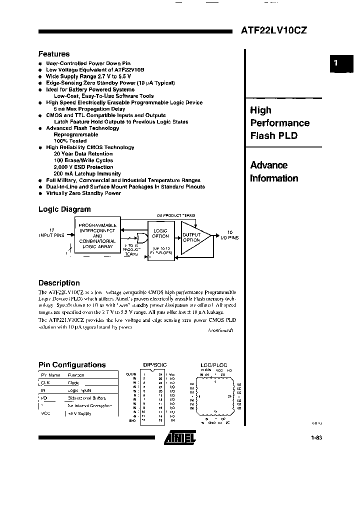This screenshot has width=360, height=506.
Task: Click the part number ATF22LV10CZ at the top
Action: [x=274, y=30]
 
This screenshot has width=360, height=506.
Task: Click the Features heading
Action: [x=54, y=54]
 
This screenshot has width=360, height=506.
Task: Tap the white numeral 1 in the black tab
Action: [x=336, y=63]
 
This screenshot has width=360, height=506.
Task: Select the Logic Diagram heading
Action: [x=64, y=209]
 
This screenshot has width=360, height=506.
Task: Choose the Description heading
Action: [x=59, y=283]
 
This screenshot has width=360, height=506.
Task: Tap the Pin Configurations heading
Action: [x=72, y=365]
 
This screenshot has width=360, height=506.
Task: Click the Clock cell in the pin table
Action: [x=73, y=382]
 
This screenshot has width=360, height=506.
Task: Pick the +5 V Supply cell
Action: [x=79, y=413]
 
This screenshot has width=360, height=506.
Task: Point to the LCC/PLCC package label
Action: [x=213, y=365]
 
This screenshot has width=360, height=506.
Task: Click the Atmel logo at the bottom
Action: [x=180, y=439]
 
